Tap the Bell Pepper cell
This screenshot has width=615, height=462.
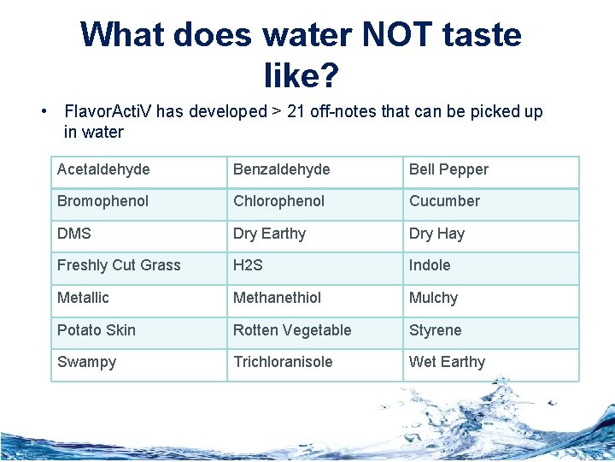tap(491, 170)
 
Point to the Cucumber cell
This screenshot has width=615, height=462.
tap(491, 202)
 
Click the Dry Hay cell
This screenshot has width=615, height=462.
tap(491, 234)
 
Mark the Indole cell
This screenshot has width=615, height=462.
tap(491, 266)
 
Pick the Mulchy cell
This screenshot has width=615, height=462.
tap(491, 299)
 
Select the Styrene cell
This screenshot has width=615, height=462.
tap(491, 331)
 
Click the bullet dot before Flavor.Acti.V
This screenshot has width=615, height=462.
tap(43, 112)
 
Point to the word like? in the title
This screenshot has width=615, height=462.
tap(302, 76)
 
